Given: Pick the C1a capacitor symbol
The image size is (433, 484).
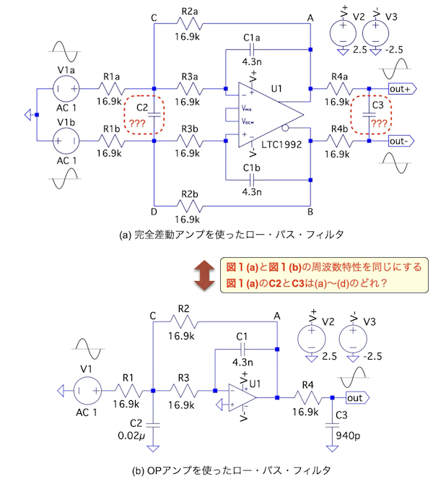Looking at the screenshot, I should point(251,49).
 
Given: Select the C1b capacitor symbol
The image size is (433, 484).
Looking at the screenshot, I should point(251,181).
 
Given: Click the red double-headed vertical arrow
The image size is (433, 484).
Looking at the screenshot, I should point(205,275).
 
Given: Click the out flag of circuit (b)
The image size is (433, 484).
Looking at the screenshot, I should point(355,397).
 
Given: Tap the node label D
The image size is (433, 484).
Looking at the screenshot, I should point(153,211).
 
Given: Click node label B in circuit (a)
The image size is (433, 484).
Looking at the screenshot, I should point(310,211).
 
